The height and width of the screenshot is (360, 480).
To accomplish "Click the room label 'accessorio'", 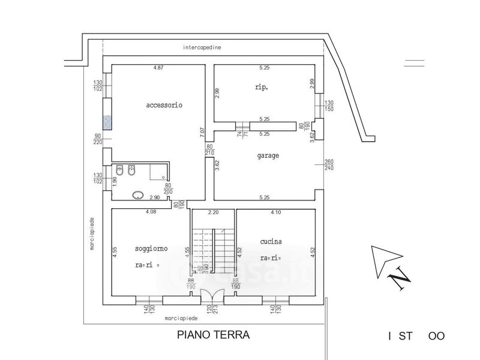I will click(x=164, y=105).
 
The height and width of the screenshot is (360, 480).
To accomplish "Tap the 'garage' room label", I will click(x=268, y=155).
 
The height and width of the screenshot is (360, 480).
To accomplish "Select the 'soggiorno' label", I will click(x=151, y=248).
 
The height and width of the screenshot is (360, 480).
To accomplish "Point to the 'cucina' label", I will click(x=271, y=241).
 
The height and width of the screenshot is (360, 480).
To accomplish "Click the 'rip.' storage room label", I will click(x=261, y=87).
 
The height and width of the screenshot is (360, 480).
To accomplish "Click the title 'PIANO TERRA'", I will click(x=212, y=335).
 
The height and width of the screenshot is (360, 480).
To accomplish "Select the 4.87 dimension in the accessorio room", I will click(x=158, y=68).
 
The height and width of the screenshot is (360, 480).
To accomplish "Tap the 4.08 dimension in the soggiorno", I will click(x=151, y=212).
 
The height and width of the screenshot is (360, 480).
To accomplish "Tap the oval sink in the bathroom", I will click(x=138, y=194).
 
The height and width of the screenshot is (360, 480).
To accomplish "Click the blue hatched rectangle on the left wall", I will click(x=107, y=123).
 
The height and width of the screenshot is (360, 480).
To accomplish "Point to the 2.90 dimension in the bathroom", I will click(x=154, y=198).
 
